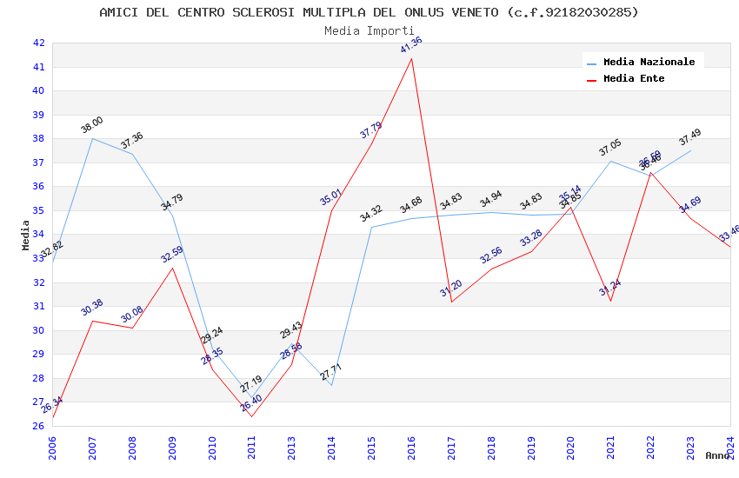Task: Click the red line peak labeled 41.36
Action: click(x=411, y=58)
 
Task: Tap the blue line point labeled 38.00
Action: click(x=92, y=138)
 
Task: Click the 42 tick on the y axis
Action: click(x=38, y=43)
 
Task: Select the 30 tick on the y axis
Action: click(x=38, y=330)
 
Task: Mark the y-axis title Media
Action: click(x=26, y=235)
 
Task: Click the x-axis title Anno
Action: click(x=717, y=455)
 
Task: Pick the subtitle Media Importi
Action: click(x=369, y=30)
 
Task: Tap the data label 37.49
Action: click(x=689, y=137)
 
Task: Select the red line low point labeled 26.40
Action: click(x=252, y=416)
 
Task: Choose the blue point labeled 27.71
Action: click(x=331, y=385)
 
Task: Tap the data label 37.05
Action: click(x=609, y=149)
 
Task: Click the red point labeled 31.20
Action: click(x=451, y=302)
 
